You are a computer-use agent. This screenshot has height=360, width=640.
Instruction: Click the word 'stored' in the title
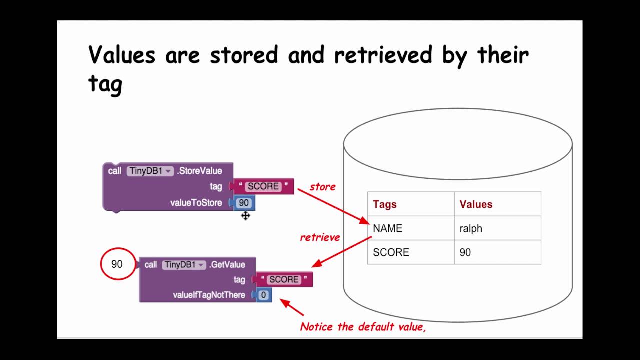pos(243,54)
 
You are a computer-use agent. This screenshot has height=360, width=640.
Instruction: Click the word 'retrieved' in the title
pos(382,54)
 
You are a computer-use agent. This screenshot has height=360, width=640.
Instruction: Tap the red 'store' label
pos(322,187)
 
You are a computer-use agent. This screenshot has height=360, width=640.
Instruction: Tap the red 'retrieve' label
pos(320,237)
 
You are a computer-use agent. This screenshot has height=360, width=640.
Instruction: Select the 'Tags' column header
pos(384,204)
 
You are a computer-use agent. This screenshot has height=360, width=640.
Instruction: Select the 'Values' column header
pos(476,204)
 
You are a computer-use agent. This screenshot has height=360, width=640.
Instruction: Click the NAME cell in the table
pos(387,228)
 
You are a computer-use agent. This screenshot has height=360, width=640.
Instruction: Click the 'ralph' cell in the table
pos(471,228)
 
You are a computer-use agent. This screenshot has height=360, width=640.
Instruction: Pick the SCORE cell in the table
pos(391,252)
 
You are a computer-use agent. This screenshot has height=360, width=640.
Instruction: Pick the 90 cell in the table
pos(465,252)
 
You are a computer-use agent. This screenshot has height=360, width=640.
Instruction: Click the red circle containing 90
pos(117,264)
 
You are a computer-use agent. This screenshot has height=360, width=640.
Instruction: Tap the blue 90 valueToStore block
pos(243,203)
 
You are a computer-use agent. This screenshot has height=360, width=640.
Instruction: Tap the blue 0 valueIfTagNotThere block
pos(263,295)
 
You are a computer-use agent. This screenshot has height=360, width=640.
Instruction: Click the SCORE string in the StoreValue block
pos(263,186)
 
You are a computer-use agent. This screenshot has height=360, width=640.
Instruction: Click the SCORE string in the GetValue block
pos(283,279)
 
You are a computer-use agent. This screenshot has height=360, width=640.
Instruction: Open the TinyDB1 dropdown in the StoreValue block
pos(150,171)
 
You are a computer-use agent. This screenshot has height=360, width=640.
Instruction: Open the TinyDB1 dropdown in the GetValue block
pos(184,265)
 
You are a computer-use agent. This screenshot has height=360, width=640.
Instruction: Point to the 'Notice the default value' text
pos(362,327)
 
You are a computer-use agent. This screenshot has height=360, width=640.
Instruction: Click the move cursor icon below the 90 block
pos(245,216)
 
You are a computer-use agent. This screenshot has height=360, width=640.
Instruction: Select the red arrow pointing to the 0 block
pos(292,307)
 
